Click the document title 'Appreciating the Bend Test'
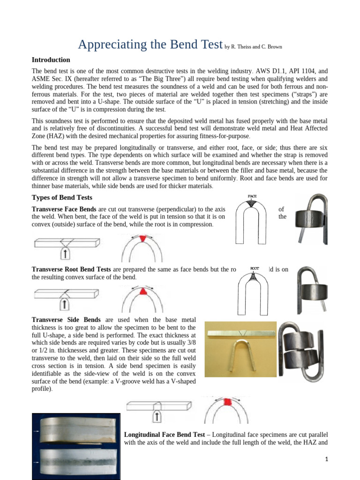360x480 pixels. click(150, 45)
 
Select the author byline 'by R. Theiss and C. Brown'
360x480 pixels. click(254, 47)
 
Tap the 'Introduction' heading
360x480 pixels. click(51, 60)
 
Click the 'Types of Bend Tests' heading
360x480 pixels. click(61, 197)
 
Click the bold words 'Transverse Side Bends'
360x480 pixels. click(66, 320)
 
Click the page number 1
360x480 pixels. click(327, 459)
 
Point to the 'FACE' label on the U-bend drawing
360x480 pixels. click(252, 196)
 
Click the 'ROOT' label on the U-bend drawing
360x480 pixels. click(255, 269)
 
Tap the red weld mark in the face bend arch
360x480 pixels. click(142, 238)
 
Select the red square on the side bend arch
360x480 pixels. click(227, 402)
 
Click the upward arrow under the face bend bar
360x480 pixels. click(66, 254)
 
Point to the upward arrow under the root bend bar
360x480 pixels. click(66, 305)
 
